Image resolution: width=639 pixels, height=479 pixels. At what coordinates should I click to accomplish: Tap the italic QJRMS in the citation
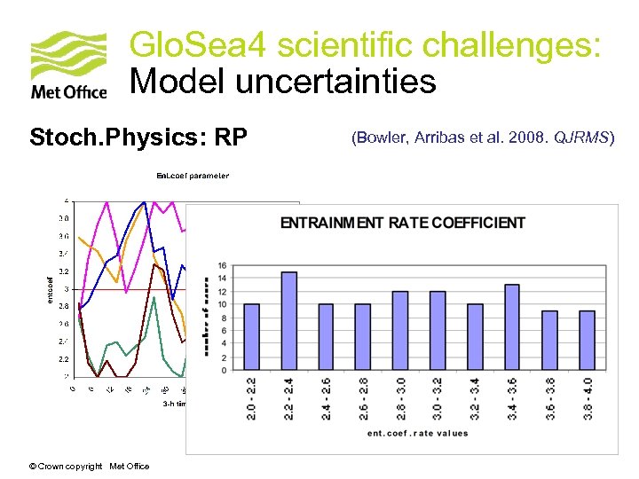(x=582, y=137)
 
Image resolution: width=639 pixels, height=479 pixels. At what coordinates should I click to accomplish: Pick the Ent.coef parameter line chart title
(x=193, y=176)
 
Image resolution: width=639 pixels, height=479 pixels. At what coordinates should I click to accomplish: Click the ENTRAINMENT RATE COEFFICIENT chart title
(x=403, y=223)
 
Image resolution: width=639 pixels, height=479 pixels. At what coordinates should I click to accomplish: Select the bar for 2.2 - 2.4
(x=288, y=320)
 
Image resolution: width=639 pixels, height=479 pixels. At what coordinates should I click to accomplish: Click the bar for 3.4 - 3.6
(x=512, y=326)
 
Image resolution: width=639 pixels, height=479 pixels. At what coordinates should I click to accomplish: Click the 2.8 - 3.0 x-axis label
(x=400, y=398)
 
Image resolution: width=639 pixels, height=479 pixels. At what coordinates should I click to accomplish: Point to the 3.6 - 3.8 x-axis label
(x=549, y=398)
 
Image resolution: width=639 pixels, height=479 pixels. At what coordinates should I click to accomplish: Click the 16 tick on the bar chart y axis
(x=222, y=265)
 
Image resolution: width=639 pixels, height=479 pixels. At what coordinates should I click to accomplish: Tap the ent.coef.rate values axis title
(x=417, y=433)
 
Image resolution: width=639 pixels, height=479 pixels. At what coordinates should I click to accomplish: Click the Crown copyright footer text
(x=89, y=466)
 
